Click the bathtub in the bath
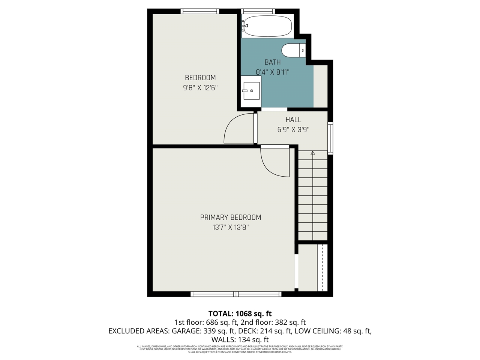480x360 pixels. pyautogui.click(x=267, y=26)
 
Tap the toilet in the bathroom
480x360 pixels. pyautogui.click(x=293, y=50)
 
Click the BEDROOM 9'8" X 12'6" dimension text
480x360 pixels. pyautogui.click(x=200, y=88)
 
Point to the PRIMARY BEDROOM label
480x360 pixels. pyautogui.click(x=230, y=217)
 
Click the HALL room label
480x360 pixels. pyautogui.click(x=293, y=120)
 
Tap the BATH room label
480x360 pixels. pyautogui.click(x=273, y=62)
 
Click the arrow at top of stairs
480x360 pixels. pyautogui.click(x=313, y=153)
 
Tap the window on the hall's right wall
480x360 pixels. pyautogui.click(x=330, y=138)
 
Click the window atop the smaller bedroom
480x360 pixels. pyautogui.click(x=200, y=11)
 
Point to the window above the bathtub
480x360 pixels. pyautogui.click(x=258, y=11)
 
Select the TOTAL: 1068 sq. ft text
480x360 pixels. pyautogui.click(x=240, y=313)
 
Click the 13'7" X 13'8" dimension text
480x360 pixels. pyautogui.click(x=230, y=227)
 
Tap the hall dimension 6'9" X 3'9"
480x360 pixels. pyautogui.click(x=293, y=130)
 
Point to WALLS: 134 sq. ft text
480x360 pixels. pyautogui.click(x=240, y=340)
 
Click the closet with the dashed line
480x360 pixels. pyautogui.click(x=313, y=267)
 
